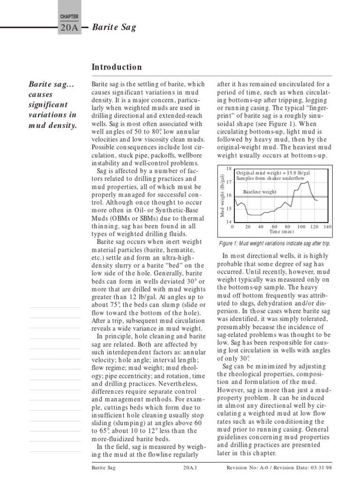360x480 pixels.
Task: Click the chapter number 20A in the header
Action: (x=69, y=28)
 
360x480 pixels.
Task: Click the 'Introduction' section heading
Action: (x=117, y=67)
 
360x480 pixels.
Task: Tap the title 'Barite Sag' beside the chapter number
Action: (x=114, y=27)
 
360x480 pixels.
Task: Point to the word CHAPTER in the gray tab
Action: (x=69, y=16)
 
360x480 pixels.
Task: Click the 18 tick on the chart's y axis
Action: (x=229, y=168)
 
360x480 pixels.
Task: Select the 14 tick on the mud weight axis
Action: (x=229, y=222)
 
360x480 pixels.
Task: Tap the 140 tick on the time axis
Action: (x=327, y=226)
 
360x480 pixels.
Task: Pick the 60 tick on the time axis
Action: (x=274, y=226)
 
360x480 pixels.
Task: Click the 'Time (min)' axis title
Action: (x=281, y=232)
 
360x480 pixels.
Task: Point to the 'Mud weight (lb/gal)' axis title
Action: (x=223, y=195)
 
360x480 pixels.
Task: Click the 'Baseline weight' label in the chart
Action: (x=260, y=192)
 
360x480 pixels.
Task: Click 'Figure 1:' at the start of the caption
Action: (x=229, y=244)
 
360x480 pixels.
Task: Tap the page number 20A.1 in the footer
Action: (x=189, y=468)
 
